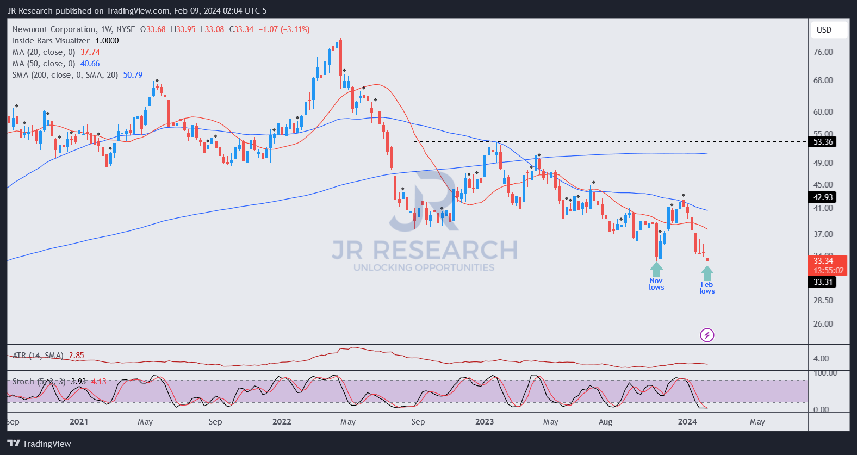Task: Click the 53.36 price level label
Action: (x=823, y=142)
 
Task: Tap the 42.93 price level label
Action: (x=823, y=197)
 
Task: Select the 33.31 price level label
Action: (x=823, y=282)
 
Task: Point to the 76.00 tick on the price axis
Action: (x=823, y=52)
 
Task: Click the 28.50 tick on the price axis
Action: (x=823, y=300)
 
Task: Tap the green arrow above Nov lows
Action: (x=656, y=269)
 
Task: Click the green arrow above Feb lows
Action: (x=707, y=272)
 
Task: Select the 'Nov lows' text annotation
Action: (x=656, y=284)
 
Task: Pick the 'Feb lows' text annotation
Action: (x=707, y=288)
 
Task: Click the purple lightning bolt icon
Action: (x=707, y=335)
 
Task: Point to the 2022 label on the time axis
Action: (x=282, y=422)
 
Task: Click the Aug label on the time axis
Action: (x=605, y=422)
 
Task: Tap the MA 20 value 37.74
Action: (x=90, y=52)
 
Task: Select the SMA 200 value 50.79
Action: (x=133, y=75)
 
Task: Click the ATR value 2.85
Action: (x=76, y=356)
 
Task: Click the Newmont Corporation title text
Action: (x=54, y=29)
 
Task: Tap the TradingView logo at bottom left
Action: (x=39, y=444)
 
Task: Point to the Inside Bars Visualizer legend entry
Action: (x=51, y=41)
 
